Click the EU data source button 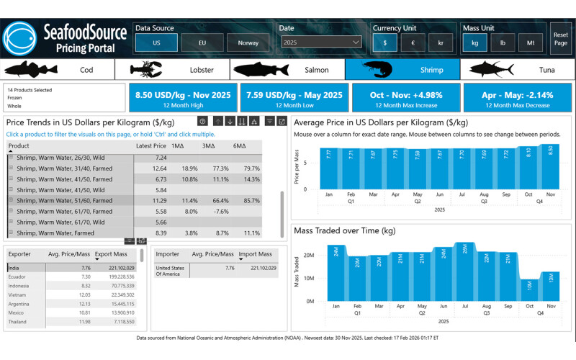pyautogui.click(x=201, y=42)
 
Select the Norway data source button pyautogui.click(x=248, y=42)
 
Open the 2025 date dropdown pyautogui.click(x=321, y=42)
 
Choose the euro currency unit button pyautogui.click(x=413, y=42)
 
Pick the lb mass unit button pyautogui.click(x=503, y=42)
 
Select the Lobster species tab pyautogui.click(x=172, y=70)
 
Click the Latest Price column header pyautogui.click(x=150, y=145)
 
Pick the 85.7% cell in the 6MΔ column pyautogui.click(x=251, y=201)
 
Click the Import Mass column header pyautogui.click(x=255, y=254)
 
